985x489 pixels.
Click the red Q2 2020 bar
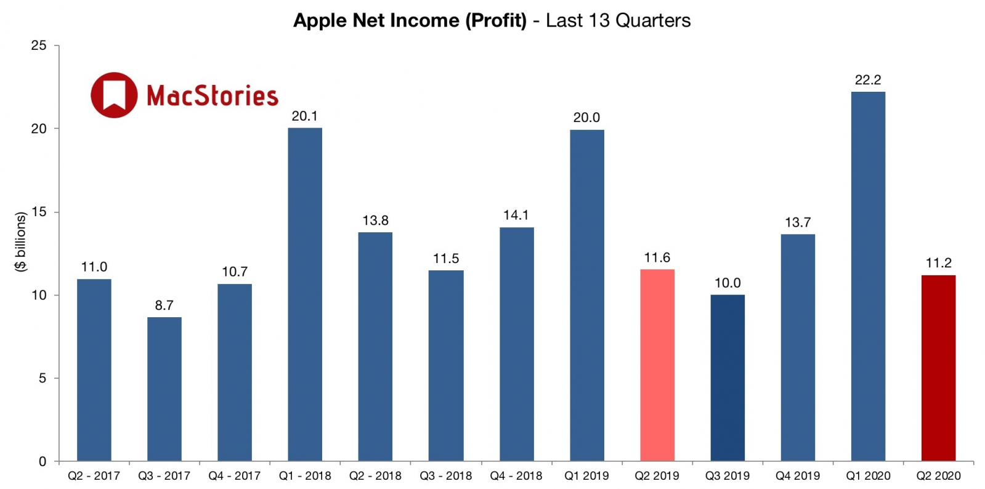pyautogui.click(x=938, y=368)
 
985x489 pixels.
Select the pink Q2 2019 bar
pyautogui.click(x=657, y=365)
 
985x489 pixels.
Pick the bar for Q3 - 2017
pyautogui.click(x=164, y=389)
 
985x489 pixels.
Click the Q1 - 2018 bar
pyautogui.click(x=305, y=294)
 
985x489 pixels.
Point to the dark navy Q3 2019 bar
pyautogui.click(x=728, y=378)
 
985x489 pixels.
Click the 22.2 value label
pyautogui.click(x=868, y=80)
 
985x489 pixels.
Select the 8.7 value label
pyautogui.click(x=164, y=305)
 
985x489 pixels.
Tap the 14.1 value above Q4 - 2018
pyautogui.click(x=516, y=216)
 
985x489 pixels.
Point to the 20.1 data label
pyautogui.click(x=305, y=116)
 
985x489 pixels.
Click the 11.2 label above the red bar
pyautogui.click(x=938, y=264)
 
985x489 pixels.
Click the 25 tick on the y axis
pyautogui.click(x=39, y=46)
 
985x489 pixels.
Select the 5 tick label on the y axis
pyautogui.click(x=43, y=378)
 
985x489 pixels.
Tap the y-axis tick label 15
pyautogui.click(x=39, y=212)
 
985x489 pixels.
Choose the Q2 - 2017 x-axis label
pyautogui.click(x=94, y=476)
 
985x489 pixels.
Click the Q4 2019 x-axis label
pyautogui.click(x=798, y=476)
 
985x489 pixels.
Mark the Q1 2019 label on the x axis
pyautogui.click(x=586, y=476)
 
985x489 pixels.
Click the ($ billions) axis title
pyautogui.click(x=21, y=241)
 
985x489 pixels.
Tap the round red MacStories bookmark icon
pyautogui.click(x=114, y=95)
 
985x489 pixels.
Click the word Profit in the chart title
pyautogui.click(x=496, y=21)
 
